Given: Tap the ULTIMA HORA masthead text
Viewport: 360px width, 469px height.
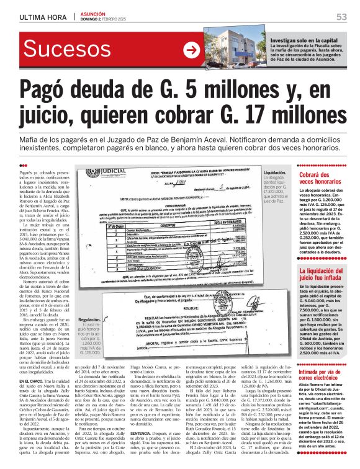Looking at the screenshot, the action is [x=39, y=17].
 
